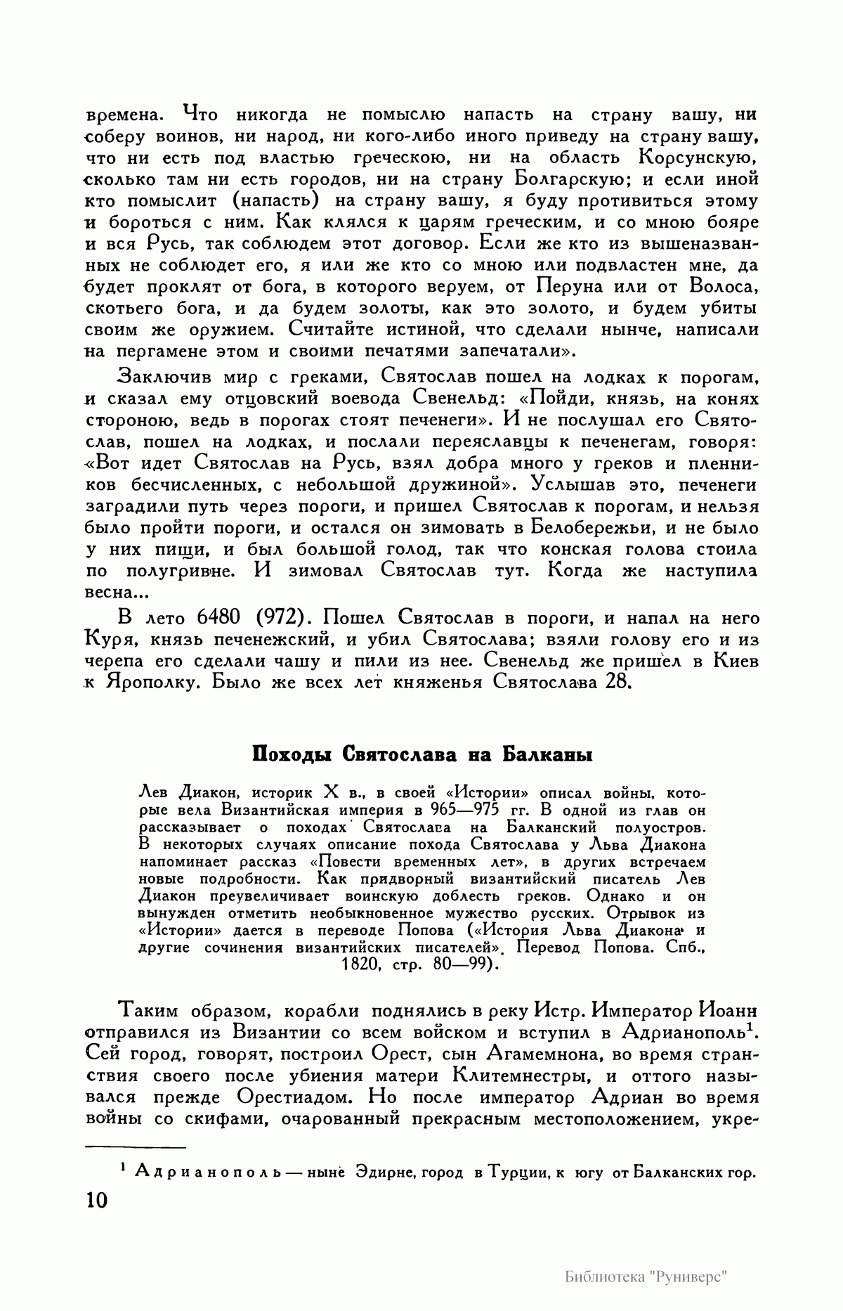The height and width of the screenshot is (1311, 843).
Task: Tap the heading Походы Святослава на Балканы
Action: tap(423, 756)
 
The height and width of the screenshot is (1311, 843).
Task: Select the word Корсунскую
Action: tap(698, 157)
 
